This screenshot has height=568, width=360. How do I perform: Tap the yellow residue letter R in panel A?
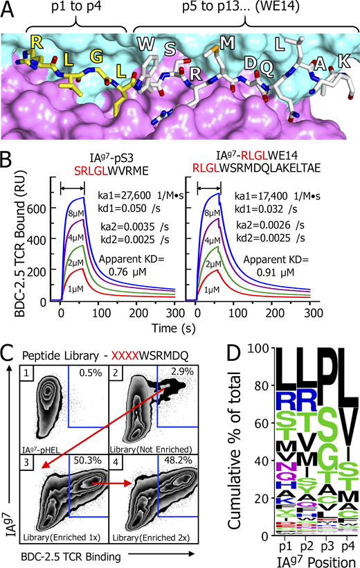coord(35,43)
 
